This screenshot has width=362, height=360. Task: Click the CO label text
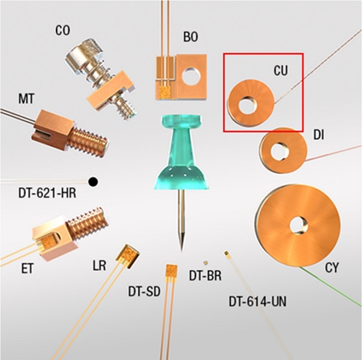click(63, 31)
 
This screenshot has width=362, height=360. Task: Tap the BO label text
click(190, 37)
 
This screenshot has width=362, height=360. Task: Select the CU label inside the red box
click(281, 70)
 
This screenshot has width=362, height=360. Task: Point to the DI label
click(318, 135)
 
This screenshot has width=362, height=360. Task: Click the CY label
click(331, 268)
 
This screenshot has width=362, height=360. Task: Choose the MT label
click(26, 99)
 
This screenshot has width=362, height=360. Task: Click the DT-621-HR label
click(48, 193)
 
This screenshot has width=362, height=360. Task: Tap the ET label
click(27, 269)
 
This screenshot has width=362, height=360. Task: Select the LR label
click(100, 266)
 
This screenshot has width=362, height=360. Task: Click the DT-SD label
click(144, 291)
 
